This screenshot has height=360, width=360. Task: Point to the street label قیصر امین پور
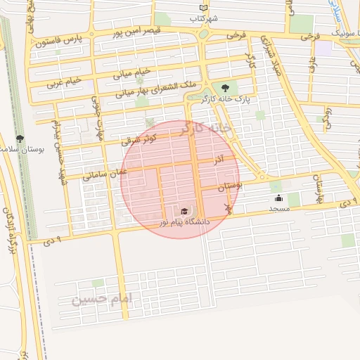click(138, 32)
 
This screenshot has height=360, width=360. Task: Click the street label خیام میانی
click(132, 72)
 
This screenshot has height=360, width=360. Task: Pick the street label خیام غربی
click(64, 82)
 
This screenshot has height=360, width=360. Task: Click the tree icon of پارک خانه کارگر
click(225, 88)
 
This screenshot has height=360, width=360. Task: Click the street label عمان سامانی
click(105, 171)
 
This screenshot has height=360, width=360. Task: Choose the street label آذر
click(219, 160)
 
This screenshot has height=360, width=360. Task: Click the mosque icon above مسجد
click(278, 198)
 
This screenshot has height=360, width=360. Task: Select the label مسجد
click(278, 209)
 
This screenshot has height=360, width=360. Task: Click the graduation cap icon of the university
click(184, 211)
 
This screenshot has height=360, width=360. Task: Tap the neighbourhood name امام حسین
click(102, 300)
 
